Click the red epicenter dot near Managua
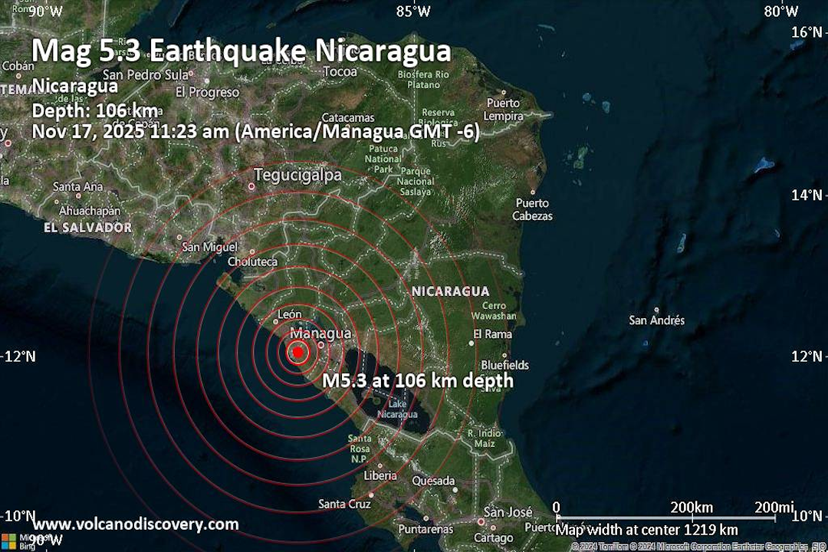(298, 353)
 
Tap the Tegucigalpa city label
(297, 175)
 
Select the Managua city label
(321, 333)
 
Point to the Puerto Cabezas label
(533, 209)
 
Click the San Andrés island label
(657, 320)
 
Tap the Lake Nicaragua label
(397, 409)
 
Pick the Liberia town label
(380, 475)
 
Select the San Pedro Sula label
(146, 75)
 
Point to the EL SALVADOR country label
(87, 228)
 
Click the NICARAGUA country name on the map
(450, 291)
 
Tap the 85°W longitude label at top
(413, 11)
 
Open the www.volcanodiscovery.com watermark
(136, 524)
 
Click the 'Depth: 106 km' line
(95, 110)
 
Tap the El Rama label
(492, 334)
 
